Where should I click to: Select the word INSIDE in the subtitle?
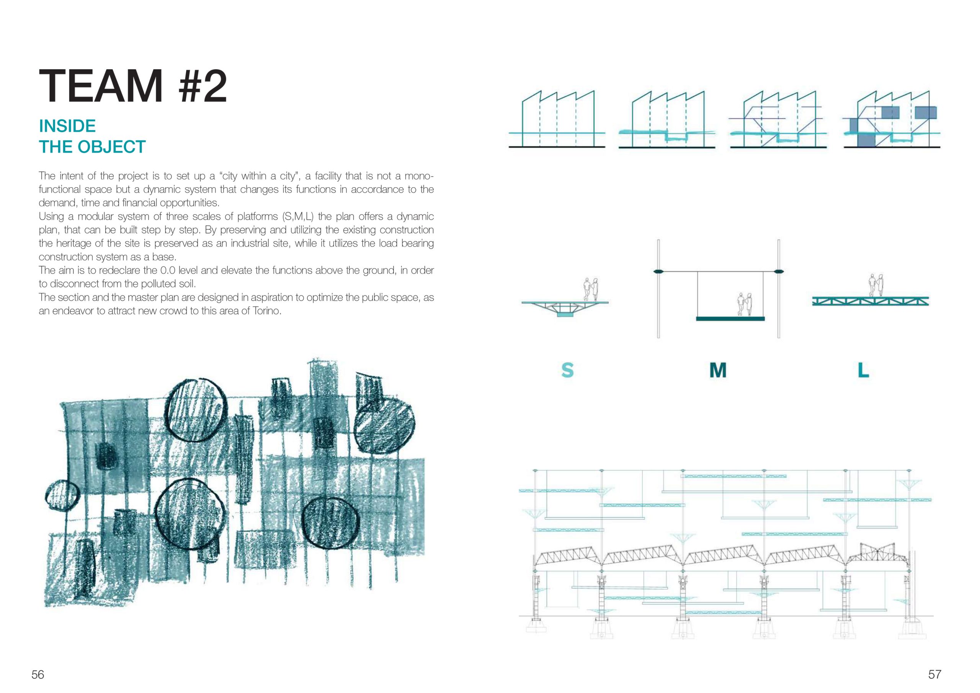tap(67, 126)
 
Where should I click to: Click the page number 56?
tap(38, 674)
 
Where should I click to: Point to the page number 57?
tap(934, 674)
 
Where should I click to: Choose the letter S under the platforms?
tap(567, 370)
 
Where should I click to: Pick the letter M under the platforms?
tap(717, 370)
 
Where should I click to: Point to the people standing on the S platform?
tap(591, 290)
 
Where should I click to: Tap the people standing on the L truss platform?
tap(875, 285)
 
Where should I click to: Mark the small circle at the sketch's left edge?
tap(62, 497)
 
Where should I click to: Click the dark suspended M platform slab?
tap(730, 319)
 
